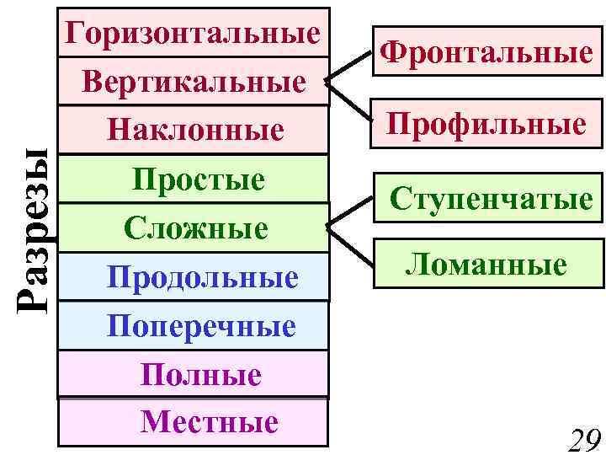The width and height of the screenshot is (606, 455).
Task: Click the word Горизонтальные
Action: (x=194, y=33)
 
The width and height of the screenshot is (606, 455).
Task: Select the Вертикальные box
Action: (x=194, y=82)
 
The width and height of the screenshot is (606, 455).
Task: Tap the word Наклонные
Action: (x=194, y=130)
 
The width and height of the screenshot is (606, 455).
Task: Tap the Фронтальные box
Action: (x=485, y=53)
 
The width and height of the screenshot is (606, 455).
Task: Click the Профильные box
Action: (x=486, y=125)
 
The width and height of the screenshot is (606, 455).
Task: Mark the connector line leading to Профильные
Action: (x=350, y=99)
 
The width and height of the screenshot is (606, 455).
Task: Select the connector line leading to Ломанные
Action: (x=350, y=244)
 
